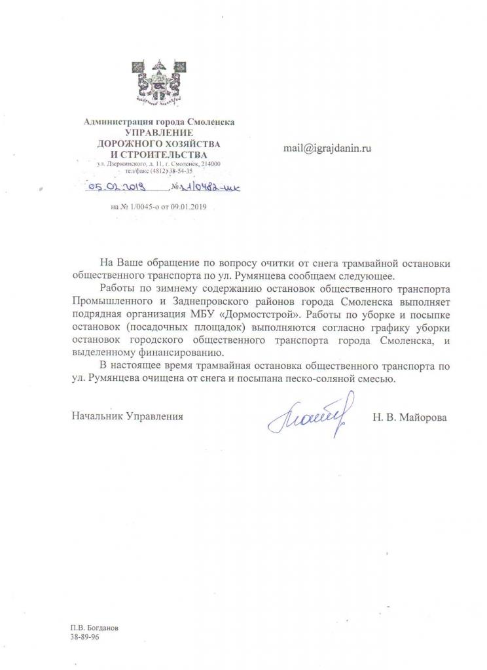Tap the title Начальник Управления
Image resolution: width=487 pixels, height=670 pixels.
(127, 416)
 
